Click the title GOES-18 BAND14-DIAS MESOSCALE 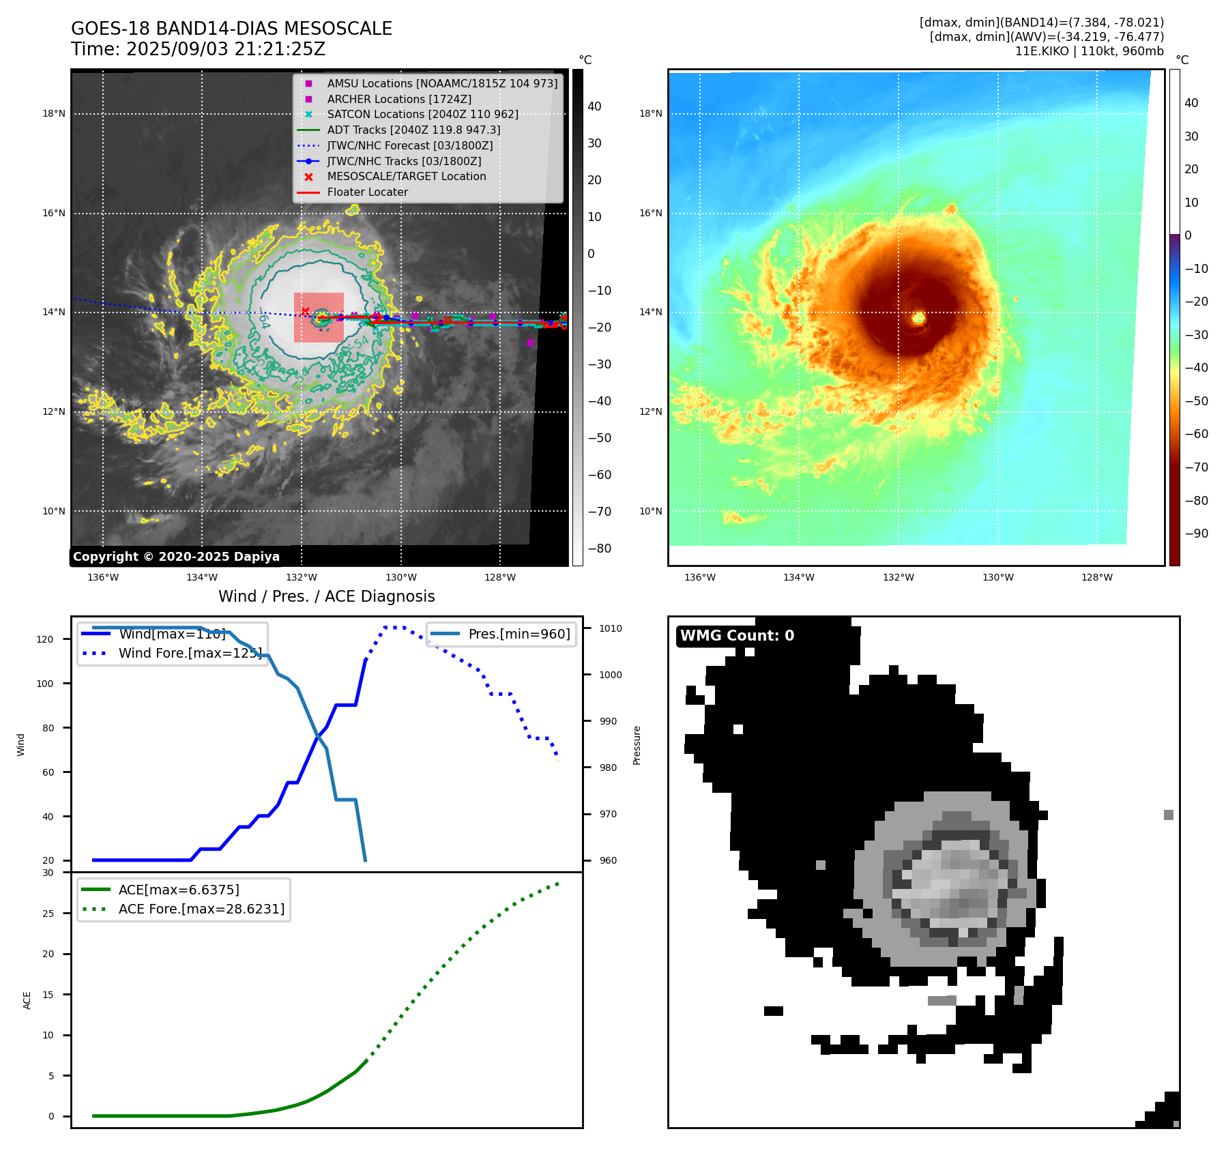tap(231, 29)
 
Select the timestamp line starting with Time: tap(198, 50)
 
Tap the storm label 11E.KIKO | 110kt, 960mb tap(1089, 51)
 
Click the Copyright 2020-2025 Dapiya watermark tap(176, 557)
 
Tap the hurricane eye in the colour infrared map tap(918, 317)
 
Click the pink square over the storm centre tap(319, 317)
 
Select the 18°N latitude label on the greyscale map tap(54, 114)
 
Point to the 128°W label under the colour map tap(1096, 577)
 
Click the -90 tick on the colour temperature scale tap(1196, 534)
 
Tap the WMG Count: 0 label tap(737, 636)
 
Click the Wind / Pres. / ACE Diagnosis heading tap(326, 597)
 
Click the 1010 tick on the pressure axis tap(611, 628)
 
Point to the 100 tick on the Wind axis tap(45, 684)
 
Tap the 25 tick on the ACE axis tap(48, 914)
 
